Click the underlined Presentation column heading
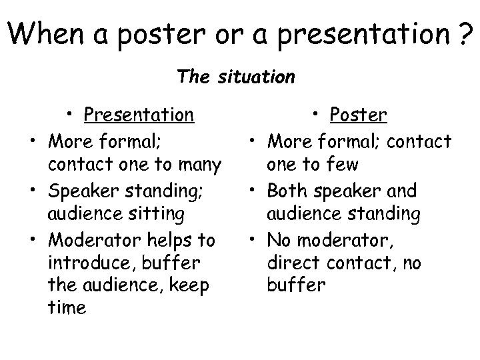(x=139, y=115)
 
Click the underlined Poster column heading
(x=359, y=115)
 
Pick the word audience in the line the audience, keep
(x=119, y=286)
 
